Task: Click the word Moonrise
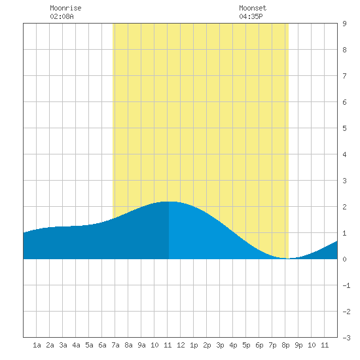coord(65,8)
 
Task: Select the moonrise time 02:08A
coord(62,16)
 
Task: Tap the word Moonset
coord(253,8)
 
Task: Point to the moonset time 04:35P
coord(251,16)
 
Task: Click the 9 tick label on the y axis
coord(344,24)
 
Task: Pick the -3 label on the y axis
coord(346,338)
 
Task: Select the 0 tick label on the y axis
coord(344,259)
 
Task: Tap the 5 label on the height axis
coord(344,128)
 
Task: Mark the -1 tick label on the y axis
coord(346,285)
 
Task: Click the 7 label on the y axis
coord(344,76)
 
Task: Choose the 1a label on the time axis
coord(37,345)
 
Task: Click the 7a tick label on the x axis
coord(115,345)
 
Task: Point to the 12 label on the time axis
coord(181,345)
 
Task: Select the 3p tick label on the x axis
coord(220,345)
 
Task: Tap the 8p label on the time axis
coord(285,345)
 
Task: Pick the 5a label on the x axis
coord(89,345)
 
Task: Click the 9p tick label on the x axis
coord(298,345)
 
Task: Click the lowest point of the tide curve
coord(289,259)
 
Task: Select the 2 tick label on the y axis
coord(344,207)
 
